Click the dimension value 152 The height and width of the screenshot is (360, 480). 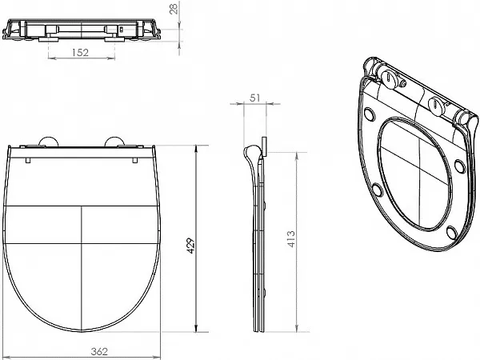click(x=80, y=52)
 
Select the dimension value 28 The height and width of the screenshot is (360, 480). click(x=174, y=10)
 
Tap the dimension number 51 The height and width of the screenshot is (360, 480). click(x=254, y=98)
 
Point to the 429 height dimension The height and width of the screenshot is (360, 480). click(x=191, y=246)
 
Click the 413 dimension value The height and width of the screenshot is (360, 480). click(x=291, y=239)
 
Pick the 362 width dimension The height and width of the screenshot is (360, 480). click(x=99, y=351)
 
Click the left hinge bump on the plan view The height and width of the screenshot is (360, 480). click(x=49, y=141)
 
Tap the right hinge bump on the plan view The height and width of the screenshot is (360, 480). click(x=114, y=141)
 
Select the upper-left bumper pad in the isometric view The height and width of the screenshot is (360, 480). click(x=370, y=114)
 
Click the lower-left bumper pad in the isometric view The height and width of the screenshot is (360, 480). click(x=378, y=190)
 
